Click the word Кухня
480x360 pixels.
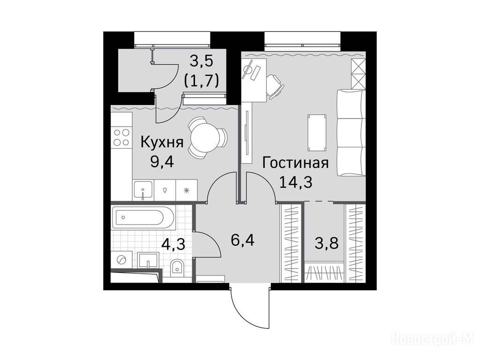coord(162,142)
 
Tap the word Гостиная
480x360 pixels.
coord(295,163)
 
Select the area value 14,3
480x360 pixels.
coord(295,182)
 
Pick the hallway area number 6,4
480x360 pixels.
coord(243,240)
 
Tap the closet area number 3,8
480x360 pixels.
coord(327,244)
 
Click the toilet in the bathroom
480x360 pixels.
coord(177,267)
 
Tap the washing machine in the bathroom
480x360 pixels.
coord(121,260)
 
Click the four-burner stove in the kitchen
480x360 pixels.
coord(121,137)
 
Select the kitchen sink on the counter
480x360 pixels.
coord(143,190)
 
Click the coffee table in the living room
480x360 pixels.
coord(316,133)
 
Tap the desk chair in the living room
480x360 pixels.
coord(275,87)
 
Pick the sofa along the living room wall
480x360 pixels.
coord(351,133)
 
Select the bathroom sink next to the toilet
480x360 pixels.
coord(148,261)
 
